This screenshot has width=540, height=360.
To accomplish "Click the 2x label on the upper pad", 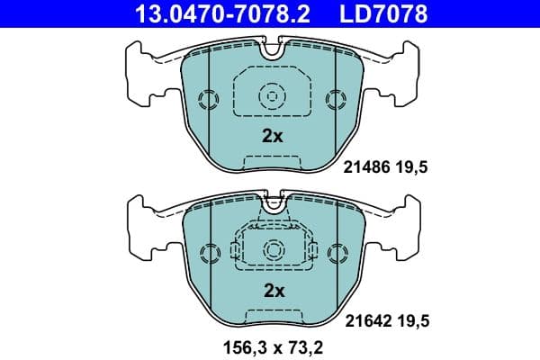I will point(272,137).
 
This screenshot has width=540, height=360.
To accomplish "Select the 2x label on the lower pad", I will point(272,291).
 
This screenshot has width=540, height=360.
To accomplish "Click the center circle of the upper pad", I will point(272,95).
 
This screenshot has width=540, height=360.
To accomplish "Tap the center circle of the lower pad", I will point(272,249).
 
